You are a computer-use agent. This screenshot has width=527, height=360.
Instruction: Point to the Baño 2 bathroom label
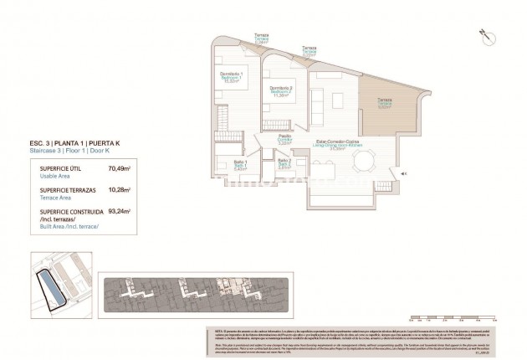pos(284,165)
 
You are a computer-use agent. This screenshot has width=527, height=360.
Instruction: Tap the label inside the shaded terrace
pos(384,102)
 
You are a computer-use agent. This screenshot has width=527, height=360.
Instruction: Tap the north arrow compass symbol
pos(483,33)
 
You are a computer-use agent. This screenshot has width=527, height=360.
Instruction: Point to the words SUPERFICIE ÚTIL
pos(59,168)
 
